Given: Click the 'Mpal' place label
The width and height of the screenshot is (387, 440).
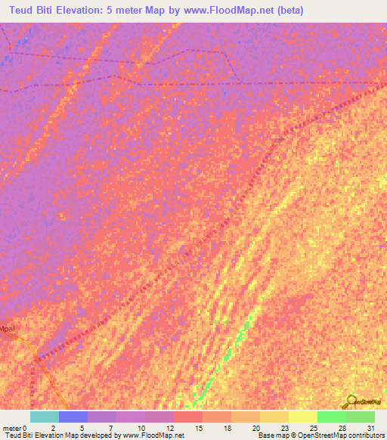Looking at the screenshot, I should click(x=7, y=329).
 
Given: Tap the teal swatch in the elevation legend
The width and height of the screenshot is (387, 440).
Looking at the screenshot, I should click(x=45, y=417).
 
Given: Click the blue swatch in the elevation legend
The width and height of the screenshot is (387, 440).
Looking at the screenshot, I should click(x=73, y=417).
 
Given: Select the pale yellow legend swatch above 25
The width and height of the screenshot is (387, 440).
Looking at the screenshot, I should click(x=302, y=417).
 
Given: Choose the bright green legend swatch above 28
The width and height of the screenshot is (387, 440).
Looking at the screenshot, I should click(x=331, y=417).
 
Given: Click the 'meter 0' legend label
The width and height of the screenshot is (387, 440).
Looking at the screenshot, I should click(x=14, y=427).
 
